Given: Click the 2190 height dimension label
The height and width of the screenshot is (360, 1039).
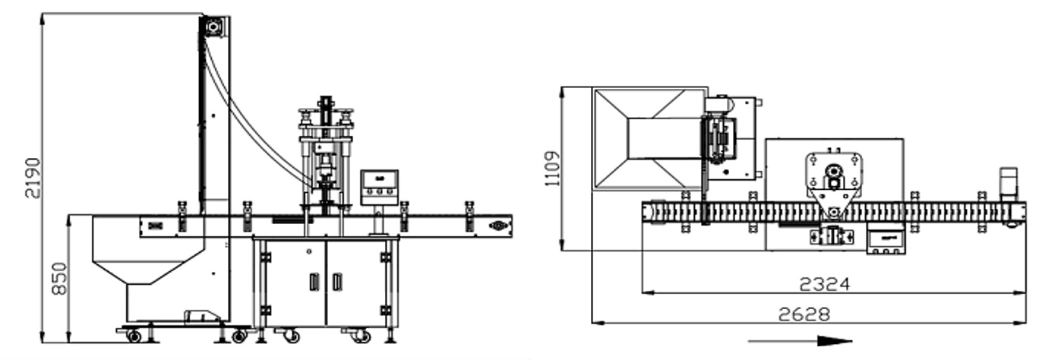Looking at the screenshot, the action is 33,178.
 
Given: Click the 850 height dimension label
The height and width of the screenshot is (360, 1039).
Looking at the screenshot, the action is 59,278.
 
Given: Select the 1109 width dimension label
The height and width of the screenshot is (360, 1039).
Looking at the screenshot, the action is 552,169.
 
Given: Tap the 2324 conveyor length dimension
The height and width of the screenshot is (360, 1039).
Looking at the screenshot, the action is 825,284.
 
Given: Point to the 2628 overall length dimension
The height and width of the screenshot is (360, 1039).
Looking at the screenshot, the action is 804,314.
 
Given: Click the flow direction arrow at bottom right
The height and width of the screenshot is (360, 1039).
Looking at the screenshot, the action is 800,342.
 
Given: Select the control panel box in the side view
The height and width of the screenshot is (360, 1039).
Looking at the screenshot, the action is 380,188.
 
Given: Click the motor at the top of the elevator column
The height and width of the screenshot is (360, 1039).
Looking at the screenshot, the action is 214,27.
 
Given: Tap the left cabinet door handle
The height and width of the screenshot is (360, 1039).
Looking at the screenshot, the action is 314,282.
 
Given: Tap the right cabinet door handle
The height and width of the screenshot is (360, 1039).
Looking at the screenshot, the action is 337,282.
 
